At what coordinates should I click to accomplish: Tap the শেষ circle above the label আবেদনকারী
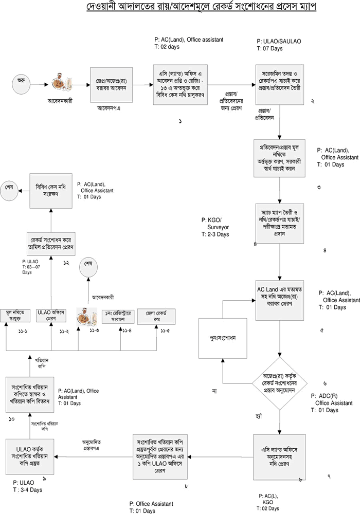pos(88,269)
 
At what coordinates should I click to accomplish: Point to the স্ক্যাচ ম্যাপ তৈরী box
pos(279,226)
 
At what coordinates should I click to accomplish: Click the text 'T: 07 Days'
pos(270,48)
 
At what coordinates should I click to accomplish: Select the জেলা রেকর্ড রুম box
pos(160,315)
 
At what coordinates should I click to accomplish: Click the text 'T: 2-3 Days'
pos(215,234)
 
